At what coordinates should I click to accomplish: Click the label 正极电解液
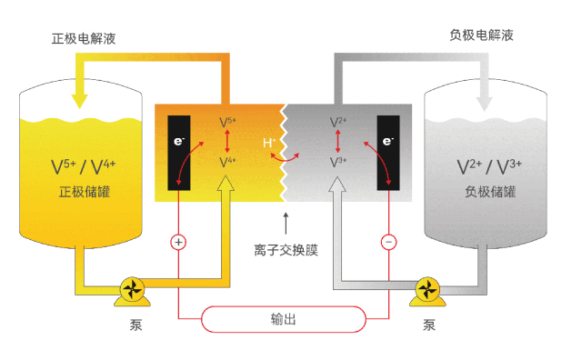tap(83, 39)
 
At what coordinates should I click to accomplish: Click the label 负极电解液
tap(482, 36)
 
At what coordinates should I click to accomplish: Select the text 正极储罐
tap(83, 193)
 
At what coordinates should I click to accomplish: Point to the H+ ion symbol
tap(269, 142)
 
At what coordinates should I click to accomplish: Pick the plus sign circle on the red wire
tap(178, 243)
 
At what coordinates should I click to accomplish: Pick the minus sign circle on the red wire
tap(388, 243)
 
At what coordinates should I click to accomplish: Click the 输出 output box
tap(284, 319)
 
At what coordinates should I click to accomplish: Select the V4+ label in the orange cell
tap(227, 162)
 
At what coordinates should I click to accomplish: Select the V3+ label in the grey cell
tap(337, 162)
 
